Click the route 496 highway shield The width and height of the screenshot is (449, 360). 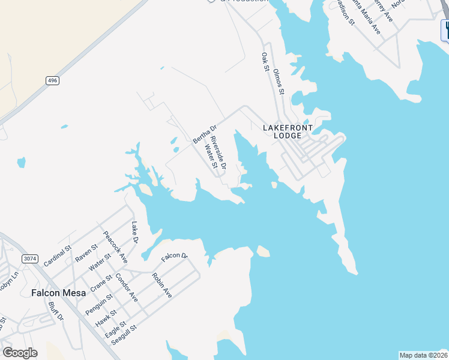pos(53,80)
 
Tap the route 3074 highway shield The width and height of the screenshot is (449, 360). pos(29,259)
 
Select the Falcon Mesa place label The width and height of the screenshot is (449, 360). pos(56,293)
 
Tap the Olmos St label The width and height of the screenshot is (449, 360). pos(279,82)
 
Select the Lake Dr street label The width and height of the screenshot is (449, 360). pos(134,233)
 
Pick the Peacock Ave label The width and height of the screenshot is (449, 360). pos(115,247)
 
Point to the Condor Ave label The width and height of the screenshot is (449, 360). pos(127,288)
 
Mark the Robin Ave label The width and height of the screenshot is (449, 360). pos(162,286)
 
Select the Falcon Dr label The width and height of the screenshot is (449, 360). pos(174,257)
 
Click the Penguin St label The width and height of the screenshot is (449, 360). pos(98,304)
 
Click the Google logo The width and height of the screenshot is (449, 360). pos(20,353)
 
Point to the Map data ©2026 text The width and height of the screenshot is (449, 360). pos(423,355)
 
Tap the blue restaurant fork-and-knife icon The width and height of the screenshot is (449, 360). pos(445,30)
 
